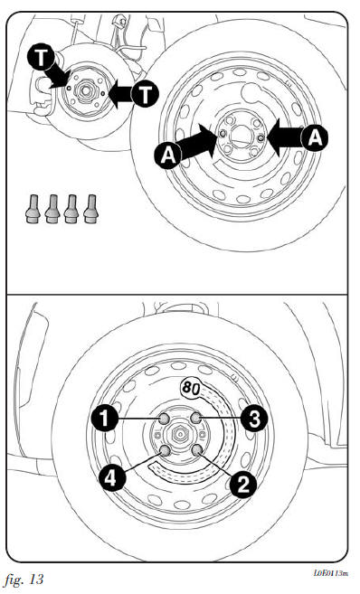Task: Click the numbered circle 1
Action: point(104,419)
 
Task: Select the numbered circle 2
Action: point(243,484)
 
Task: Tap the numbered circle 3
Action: point(254,418)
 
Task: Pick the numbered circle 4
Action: point(112,478)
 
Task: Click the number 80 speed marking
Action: point(190,387)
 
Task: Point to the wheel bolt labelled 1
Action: point(164,419)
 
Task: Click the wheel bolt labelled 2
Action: point(196,450)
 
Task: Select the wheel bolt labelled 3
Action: point(196,419)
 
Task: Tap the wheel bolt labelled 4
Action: point(165,450)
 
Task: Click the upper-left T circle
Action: point(41,58)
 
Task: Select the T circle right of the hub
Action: point(145,94)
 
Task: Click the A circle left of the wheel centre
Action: point(168,155)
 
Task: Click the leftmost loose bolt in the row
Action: point(33,209)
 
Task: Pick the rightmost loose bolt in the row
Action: point(90,209)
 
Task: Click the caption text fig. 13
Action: point(24,580)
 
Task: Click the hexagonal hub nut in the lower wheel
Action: point(178,434)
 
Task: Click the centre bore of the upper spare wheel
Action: point(242,136)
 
